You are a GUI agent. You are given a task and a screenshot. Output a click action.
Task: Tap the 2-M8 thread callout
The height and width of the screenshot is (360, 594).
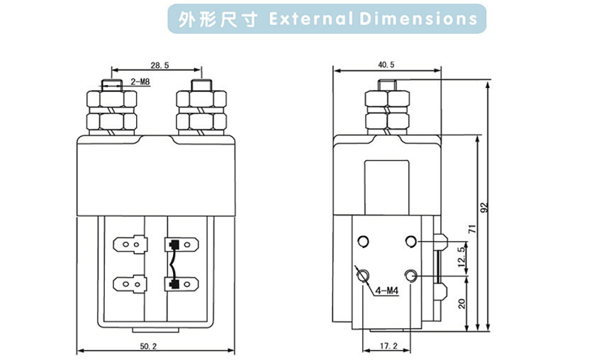(140, 82)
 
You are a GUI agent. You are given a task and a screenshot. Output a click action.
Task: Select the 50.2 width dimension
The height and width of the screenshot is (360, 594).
(148, 346)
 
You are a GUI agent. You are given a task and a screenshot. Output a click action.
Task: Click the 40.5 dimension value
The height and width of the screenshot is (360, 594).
(386, 64)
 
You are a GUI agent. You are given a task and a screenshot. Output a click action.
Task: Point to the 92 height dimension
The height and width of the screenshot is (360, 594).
(485, 208)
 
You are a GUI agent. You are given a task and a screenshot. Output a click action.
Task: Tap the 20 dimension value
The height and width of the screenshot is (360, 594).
(461, 303)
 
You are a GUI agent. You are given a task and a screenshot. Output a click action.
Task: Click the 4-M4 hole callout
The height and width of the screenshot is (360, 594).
(387, 290)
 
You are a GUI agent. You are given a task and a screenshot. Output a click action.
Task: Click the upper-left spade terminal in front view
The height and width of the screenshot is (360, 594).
(130, 245)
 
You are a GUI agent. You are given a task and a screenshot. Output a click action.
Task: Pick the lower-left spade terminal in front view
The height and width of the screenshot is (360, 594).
(130, 286)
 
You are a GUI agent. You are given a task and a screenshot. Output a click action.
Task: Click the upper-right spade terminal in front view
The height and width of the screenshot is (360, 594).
(180, 245)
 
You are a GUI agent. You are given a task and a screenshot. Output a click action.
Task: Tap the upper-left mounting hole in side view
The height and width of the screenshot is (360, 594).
(364, 242)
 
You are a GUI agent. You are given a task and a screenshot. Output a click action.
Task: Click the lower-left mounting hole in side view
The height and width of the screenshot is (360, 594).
(364, 276)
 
